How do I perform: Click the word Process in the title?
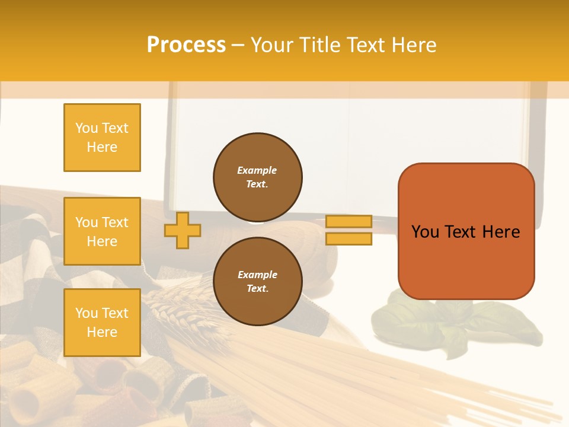pyautogui.click(x=186, y=45)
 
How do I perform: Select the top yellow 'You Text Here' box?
pyautogui.click(x=102, y=138)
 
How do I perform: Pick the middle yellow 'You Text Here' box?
pyautogui.click(x=102, y=231)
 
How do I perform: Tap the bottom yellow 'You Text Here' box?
pyautogui.click(x=102, y=323)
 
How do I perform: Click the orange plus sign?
pyautogui.click(x=183, y=230)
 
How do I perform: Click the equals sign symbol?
pyautogui.click(x=349, y=230)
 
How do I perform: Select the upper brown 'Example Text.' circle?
pyautogui.click(x=258, y=177)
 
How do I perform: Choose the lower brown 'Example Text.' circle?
pyautogui.click(x=258, y=282)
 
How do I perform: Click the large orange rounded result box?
pyautogui.click(x=466, y=231)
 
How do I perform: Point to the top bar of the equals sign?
pyautogui.click(x=349, y=221)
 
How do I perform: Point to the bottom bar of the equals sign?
pyautogui.click(x=349, y=239)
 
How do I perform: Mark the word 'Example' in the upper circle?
pyautogui.click(x=257, y=170)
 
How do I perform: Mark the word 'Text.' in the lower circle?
pyautogui.click(x=257, y=289)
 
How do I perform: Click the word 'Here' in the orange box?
pyautogui.click(x=501, y=232)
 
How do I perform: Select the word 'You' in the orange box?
pyautogui.click(x=426, y=232)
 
